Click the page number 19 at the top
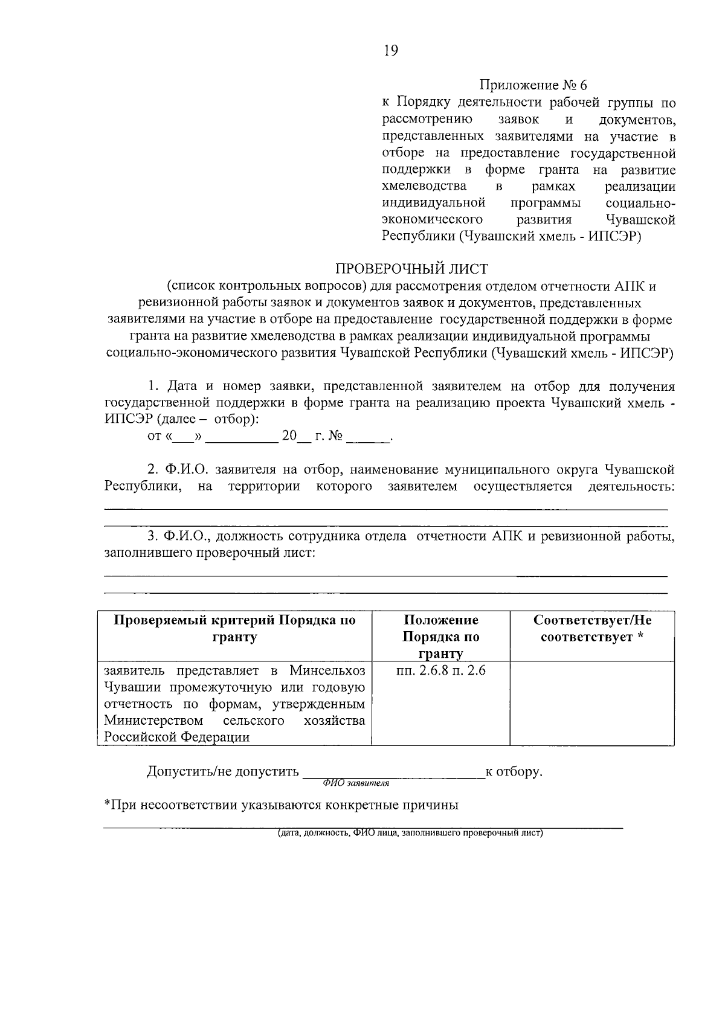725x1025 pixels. (x=391, y=51)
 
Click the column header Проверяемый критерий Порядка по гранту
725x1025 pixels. (x=235, y=629)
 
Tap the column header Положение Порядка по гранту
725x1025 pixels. (x=441, y=637)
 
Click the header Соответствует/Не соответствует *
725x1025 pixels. (x=592, y=629)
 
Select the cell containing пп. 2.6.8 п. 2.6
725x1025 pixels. (x=441, y=670)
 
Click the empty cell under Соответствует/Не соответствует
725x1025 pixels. (x=592, y=704)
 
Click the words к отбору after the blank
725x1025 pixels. (x=514, y=771)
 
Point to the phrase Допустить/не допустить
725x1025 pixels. (x=223, y=771)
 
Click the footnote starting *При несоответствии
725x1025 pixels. (x=281, y=805)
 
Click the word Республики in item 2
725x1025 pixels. (x=141, y=487)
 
